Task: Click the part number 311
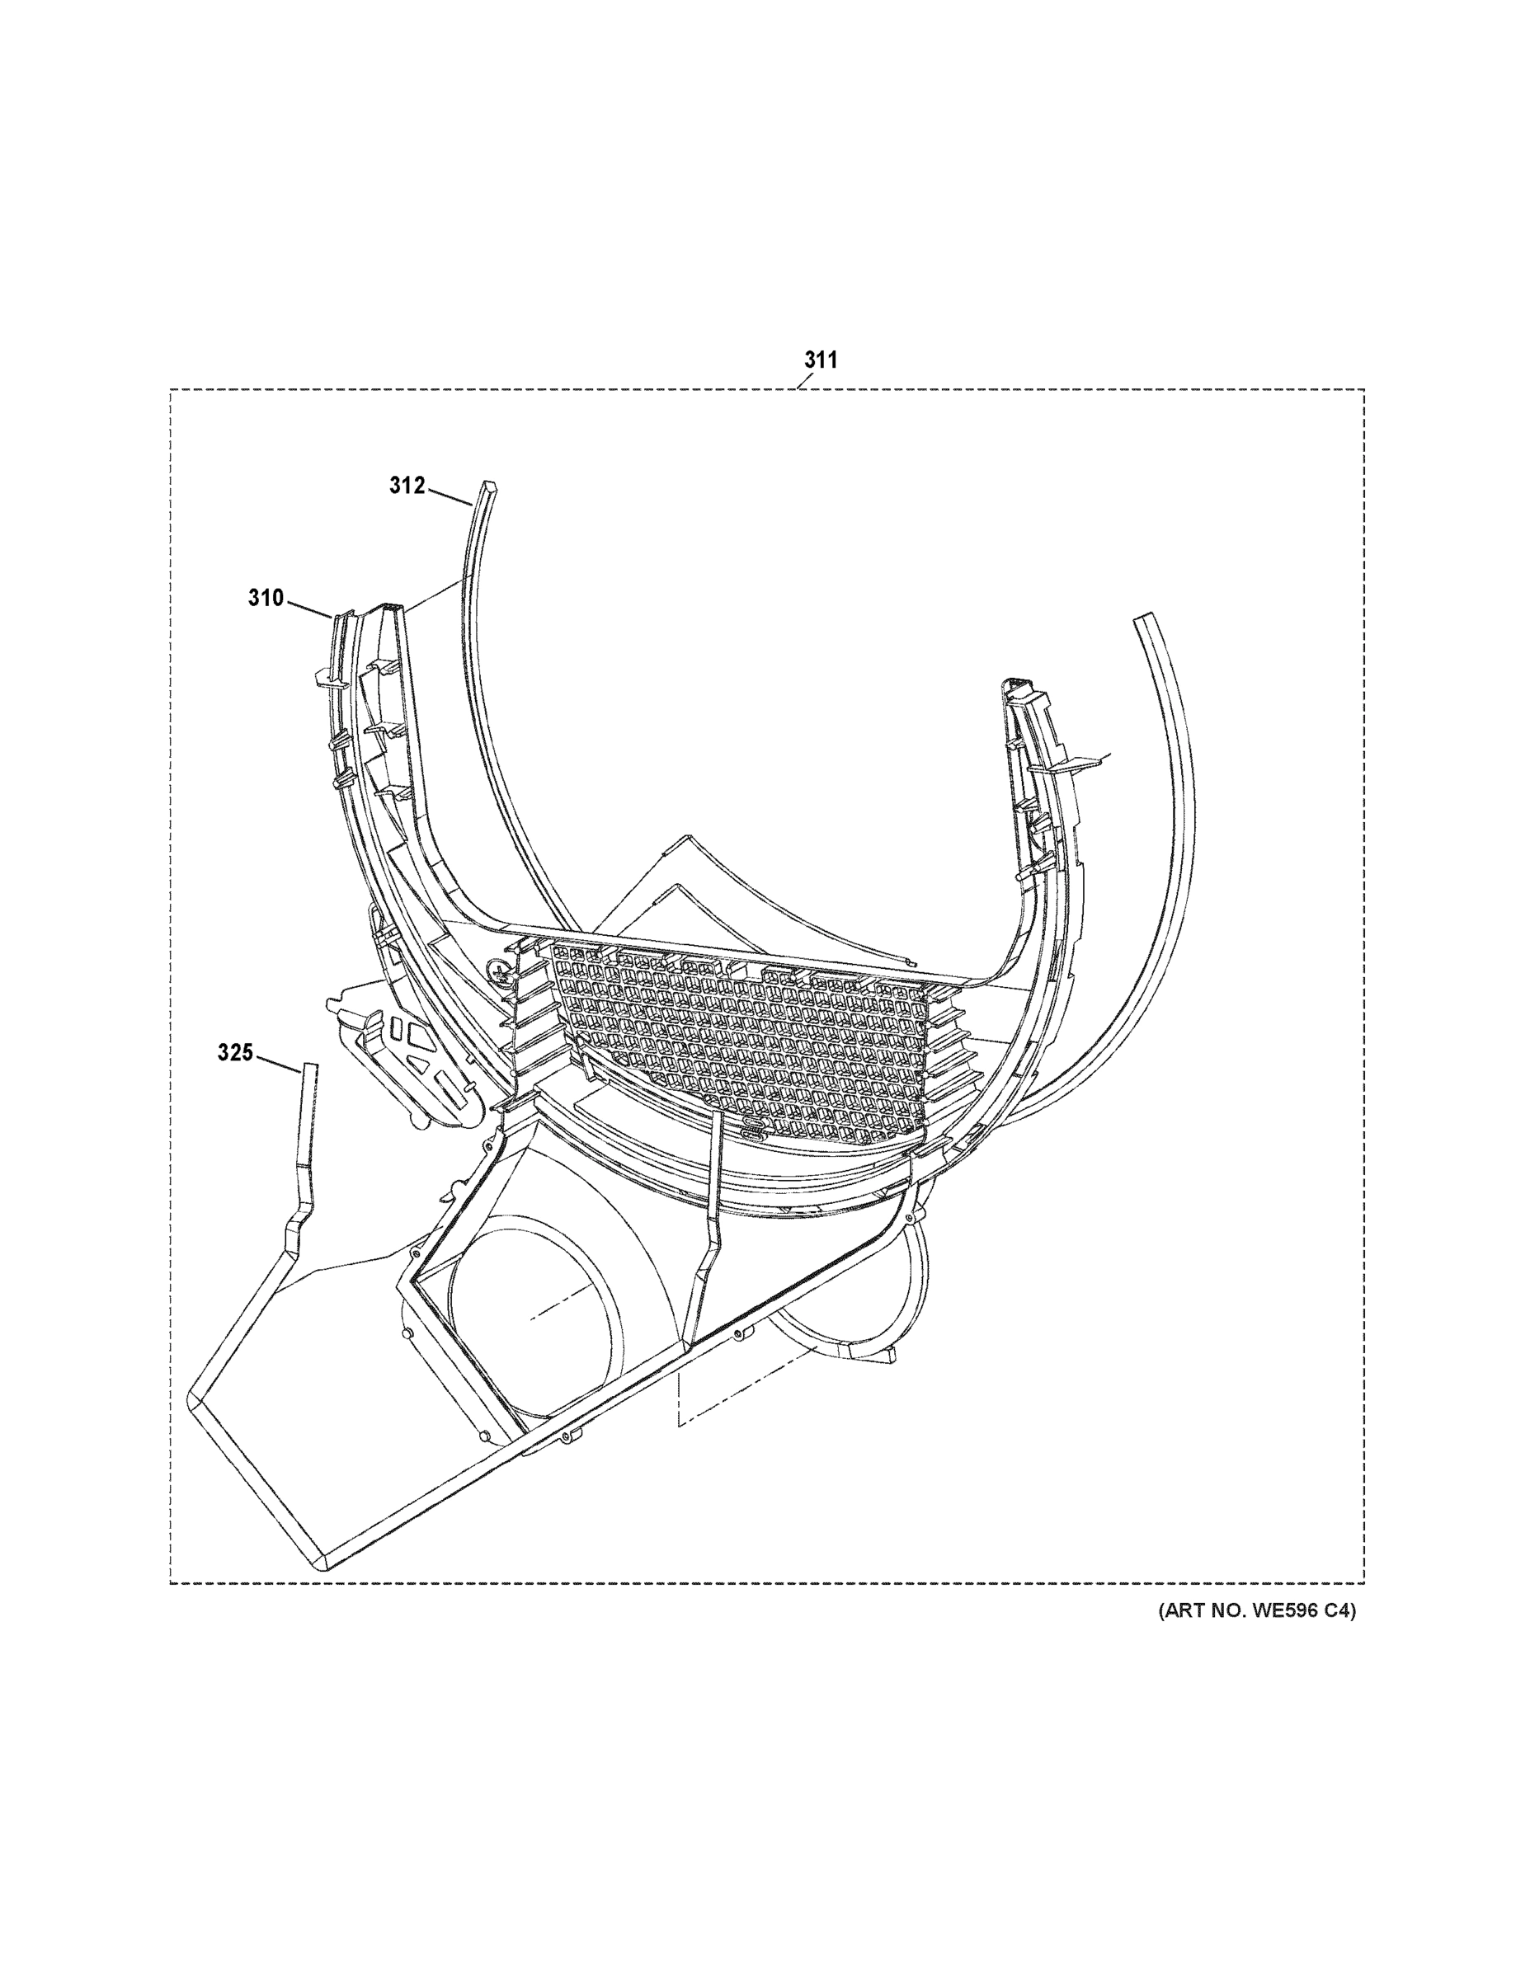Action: pos(821,360)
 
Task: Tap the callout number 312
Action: pos(407,486)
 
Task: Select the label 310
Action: pos(266,598)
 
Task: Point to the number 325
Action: pos(235,1053)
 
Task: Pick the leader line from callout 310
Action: pos(309,608)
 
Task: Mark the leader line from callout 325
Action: pos(277,1063)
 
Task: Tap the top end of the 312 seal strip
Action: pos(488,487)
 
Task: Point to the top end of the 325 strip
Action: pos(310,1069)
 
